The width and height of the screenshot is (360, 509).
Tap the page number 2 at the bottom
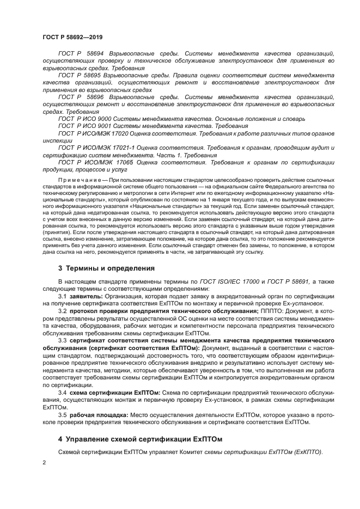(x=44, y=462)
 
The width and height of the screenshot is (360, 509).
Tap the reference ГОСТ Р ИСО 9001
(x=85, y=125)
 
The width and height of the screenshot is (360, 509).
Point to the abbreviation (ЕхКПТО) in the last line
(x=308, y=452)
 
